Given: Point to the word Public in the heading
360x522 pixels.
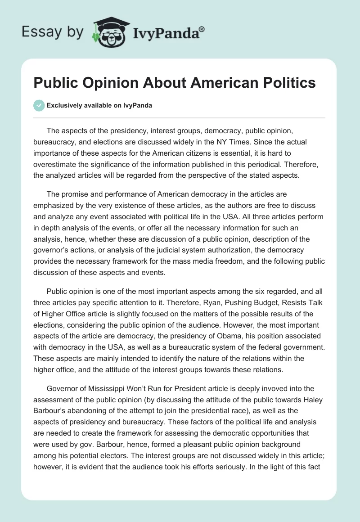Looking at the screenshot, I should click(56, 83).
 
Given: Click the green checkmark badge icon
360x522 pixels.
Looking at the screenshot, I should click(39, 105).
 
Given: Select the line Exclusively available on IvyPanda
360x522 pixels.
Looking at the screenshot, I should click(99, 105).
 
